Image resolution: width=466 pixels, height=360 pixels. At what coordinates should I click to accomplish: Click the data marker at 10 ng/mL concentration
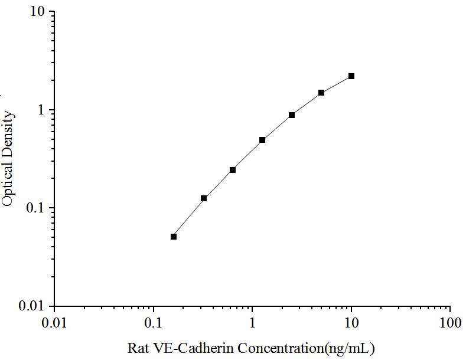click(x=351, y=76)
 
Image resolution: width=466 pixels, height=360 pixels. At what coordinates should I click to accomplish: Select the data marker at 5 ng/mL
click(x=321, y=93)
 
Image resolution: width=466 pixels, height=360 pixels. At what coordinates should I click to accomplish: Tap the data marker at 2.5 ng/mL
click(x=292, y=115)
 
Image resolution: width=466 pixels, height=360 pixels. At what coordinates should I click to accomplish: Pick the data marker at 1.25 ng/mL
click(x=262, y=140)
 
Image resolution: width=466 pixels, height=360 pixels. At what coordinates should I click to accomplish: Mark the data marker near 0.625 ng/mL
click(x=233, y=170)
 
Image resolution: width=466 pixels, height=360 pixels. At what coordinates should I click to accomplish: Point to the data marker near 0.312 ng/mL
click(x=204, y=198)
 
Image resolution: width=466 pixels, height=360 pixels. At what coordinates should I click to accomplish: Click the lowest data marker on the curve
click(x=174, y=237)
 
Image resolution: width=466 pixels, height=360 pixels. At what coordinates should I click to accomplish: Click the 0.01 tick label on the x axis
click(x=55, y=323)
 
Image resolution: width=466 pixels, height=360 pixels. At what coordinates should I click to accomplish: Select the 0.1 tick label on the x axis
click(x=154, y=323)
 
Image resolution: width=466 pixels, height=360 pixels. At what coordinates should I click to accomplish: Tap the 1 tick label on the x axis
click(x=253, y=323)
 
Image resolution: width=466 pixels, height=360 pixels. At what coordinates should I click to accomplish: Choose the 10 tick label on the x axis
click(x=351, y=323)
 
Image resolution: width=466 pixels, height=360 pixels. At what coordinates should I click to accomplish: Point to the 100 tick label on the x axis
click(x=450, y=323)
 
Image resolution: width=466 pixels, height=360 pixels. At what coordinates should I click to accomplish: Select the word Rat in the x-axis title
click(x=138, y=348)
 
